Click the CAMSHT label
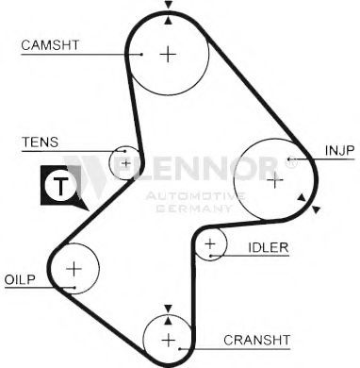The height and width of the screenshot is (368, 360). point(50,45)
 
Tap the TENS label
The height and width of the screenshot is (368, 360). point(40,142)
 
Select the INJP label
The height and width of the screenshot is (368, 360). point(339,151)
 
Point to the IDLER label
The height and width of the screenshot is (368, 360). point(269,247)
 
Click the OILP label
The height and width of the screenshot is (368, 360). point(20,279)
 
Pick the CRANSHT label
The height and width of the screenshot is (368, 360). point(256,340)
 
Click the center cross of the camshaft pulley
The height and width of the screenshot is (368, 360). point(168,55)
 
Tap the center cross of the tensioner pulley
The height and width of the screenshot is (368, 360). point(126,163)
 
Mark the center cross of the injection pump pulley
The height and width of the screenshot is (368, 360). point(274,180)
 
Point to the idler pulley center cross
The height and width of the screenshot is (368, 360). point(210,243)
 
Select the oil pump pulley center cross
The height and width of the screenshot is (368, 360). point(74,269)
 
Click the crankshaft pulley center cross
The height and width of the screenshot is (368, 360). point(169,340)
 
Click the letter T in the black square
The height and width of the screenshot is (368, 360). point(60,186)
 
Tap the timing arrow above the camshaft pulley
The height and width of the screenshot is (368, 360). point(169,5)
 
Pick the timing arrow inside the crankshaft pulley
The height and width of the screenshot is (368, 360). point(169,320)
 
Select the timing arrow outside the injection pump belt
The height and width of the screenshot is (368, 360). point(316,209)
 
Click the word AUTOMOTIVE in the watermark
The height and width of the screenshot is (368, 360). point(195,197)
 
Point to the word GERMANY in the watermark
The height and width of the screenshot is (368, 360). point(194,209)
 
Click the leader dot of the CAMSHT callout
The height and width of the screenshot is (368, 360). point(141,55)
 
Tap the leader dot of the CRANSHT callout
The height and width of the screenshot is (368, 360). point(180,349)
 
